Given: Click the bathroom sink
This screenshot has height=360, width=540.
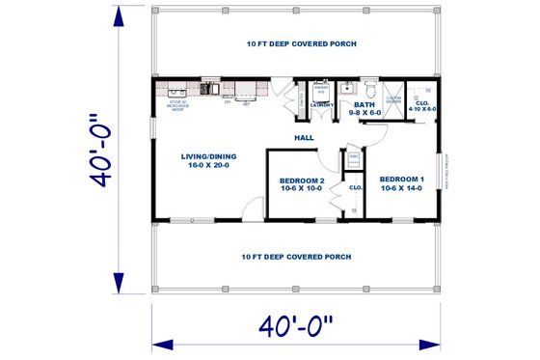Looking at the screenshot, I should coord(347,93).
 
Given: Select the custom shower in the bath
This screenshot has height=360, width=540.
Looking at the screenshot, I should coord(393,99).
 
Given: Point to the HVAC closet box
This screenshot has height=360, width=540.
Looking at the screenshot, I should coord(354,157).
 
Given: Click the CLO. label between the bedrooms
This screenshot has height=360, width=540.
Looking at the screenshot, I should coord(354,187).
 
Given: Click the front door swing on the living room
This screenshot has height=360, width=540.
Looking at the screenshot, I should coord(253,209).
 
